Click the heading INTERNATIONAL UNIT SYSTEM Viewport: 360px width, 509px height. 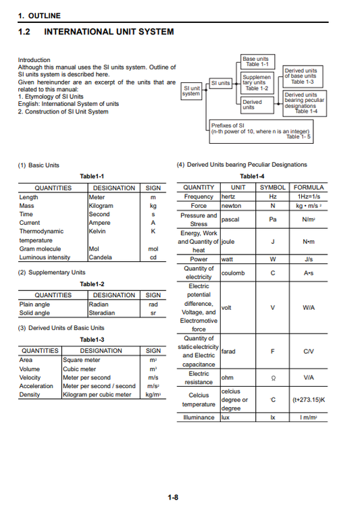[108, 32]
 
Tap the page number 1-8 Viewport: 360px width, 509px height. [173, 498]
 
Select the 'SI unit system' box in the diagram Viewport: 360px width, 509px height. [191, 90]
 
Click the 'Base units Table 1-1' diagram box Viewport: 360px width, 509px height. [255, 61]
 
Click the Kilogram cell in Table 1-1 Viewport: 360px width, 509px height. [101, 206]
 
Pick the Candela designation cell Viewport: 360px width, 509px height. [101, 257]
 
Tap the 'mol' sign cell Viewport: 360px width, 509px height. [153, 248]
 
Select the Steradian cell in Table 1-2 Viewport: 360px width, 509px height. [102, 313]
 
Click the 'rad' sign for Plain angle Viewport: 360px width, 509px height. [153, 304]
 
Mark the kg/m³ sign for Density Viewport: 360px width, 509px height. [153, 395]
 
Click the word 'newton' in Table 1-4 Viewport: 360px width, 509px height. [232, 205]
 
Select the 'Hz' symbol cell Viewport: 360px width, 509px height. [273, 196]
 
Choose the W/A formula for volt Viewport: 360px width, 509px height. [309, 308]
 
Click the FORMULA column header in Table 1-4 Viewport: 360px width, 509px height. [309, 187]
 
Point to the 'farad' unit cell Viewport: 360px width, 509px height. [229, 351]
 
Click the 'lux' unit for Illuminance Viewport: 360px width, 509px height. [227, 418]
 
